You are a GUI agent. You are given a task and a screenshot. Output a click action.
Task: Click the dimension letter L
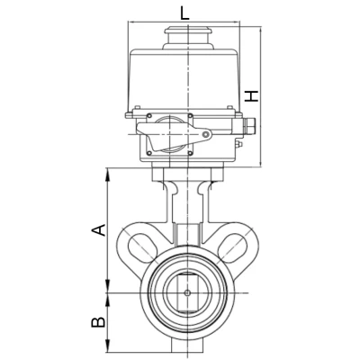click(184, 13)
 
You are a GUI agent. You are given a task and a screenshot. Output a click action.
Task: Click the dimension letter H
click(251, 95)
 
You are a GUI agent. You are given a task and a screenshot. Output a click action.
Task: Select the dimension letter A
click(98, 229)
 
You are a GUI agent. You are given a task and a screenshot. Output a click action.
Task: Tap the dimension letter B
click(98, 322)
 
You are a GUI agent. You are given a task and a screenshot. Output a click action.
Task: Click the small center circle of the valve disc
click(187, 292)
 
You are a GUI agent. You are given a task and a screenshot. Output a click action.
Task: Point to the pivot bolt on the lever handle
click(205, 134)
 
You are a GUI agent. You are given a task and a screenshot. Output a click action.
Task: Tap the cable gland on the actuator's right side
click(248, 126)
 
